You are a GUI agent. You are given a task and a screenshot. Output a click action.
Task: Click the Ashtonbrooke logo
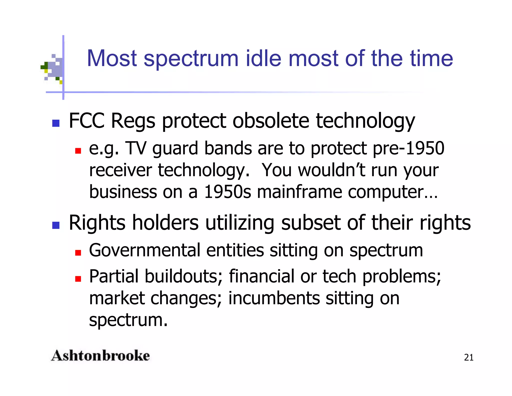point(100,356)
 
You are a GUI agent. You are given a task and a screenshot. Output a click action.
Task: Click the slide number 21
point(468,357)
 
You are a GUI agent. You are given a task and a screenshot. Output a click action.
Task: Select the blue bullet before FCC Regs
point(56,123)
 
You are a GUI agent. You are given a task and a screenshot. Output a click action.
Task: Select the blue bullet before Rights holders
point(56,225)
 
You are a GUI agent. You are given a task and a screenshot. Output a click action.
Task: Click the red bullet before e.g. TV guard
point(78,151)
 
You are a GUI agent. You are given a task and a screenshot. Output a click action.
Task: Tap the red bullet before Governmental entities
point(78,253)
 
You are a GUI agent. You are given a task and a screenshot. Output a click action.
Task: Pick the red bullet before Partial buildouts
point(78,279)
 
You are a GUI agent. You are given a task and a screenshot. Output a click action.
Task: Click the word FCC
point(86,121)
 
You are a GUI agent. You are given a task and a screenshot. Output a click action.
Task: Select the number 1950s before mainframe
point(227,192)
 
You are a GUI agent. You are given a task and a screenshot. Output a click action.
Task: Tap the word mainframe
point(299,192)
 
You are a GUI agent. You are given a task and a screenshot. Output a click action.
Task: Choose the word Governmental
point(145,250)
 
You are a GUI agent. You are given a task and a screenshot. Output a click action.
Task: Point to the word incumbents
point(274,298)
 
